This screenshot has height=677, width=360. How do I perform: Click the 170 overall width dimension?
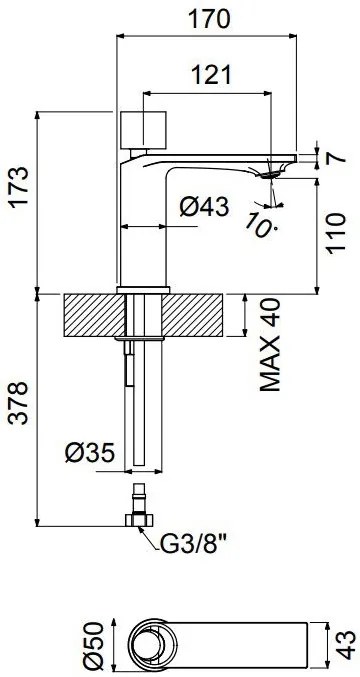tap(211, 18)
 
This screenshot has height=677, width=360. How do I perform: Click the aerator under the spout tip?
tap(270, 174)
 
